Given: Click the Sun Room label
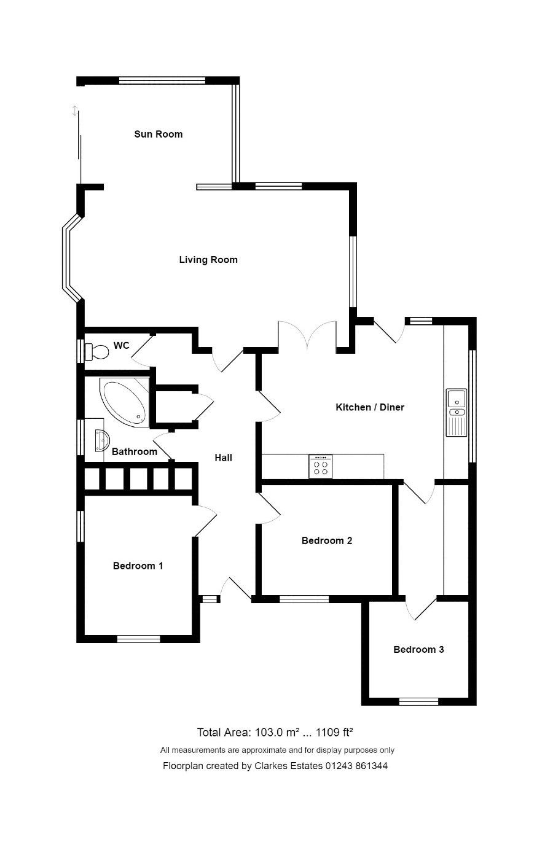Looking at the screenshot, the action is coord(159,134).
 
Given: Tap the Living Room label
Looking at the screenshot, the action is coord(208,260).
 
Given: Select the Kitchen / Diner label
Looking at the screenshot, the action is coord(370,407).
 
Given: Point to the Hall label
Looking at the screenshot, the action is coord(223,458).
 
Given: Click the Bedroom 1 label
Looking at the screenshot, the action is coord(138,566).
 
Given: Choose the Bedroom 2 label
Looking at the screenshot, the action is coord(327,540).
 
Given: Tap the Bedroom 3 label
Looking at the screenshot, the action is coord(418,649).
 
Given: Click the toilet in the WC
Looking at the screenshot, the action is coord(96,352).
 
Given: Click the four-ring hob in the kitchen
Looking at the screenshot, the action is coord(320,466).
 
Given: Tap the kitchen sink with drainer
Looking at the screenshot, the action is coord(456,413).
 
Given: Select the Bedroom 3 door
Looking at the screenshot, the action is coord(422,608).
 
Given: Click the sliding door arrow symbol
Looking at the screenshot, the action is coord(75,111).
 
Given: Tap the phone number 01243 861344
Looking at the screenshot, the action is coord(356,766).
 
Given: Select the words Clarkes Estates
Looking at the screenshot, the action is coord(288,766).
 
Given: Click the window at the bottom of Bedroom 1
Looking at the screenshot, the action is coord(138,639).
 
